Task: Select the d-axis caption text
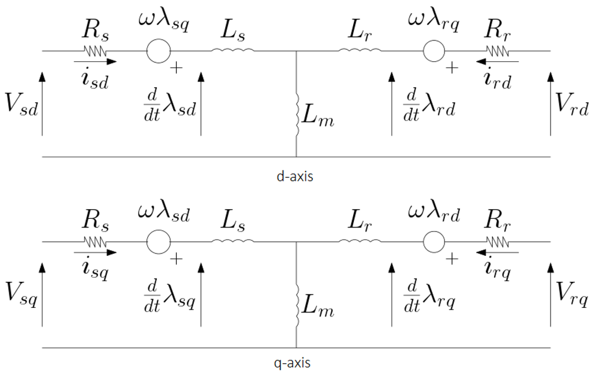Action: click(x=295, y=177)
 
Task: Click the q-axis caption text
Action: click(x=295, y=363)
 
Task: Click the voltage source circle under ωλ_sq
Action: click(x=158, y=51)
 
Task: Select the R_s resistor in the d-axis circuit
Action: click(x=95, y=51)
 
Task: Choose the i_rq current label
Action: click(x=498, y=269)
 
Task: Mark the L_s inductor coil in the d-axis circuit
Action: click(x=232, y=51)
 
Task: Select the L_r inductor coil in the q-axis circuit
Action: click(x=359, y=242)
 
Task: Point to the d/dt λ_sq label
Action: click(x=170, y=296)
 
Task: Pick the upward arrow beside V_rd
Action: click(x=550, y=104)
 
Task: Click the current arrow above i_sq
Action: click(x=95, y=252)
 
